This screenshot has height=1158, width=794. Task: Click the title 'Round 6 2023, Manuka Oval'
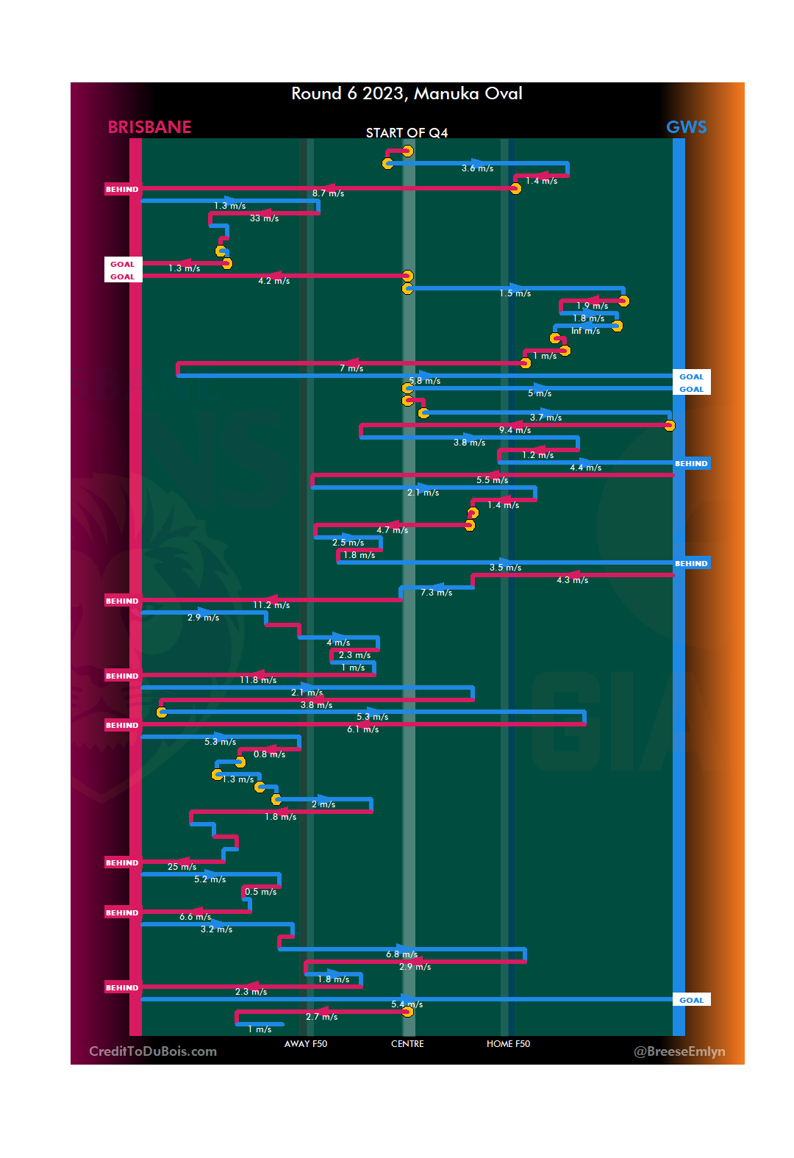tap(407, 94)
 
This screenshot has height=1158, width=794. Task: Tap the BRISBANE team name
tap(149, 127)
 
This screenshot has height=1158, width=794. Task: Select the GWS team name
tap(686, 127)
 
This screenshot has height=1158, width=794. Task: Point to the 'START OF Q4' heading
tap(407, 133)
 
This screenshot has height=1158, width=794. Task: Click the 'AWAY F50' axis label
tap(306, 1044)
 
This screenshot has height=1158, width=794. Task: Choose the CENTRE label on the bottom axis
tap(407, 1044)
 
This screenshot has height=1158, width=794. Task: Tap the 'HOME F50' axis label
tap(508, 1044)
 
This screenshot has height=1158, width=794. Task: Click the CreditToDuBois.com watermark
tap(153, 1051)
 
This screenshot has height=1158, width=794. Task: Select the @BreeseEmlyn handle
tap(679, 1051)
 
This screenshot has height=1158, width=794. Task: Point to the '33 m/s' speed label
tap(264, 218)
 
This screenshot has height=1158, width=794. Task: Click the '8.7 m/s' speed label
tap(328, 193)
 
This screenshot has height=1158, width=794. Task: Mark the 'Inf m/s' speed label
tap(585, 331)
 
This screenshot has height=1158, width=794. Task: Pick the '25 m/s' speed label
tap(182, 867)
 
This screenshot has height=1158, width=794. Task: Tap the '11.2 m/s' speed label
tap(271, 605)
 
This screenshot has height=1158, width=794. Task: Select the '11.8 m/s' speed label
tap(258, 680)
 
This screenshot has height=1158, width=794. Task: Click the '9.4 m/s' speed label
tap(515, 430)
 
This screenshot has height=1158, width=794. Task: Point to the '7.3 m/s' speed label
tap(436, 593)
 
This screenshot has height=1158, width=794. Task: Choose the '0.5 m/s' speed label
tap(261, 892)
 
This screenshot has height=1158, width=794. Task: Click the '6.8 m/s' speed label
tap(401, 954)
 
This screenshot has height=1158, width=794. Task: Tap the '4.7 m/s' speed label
tap(392, 530)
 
